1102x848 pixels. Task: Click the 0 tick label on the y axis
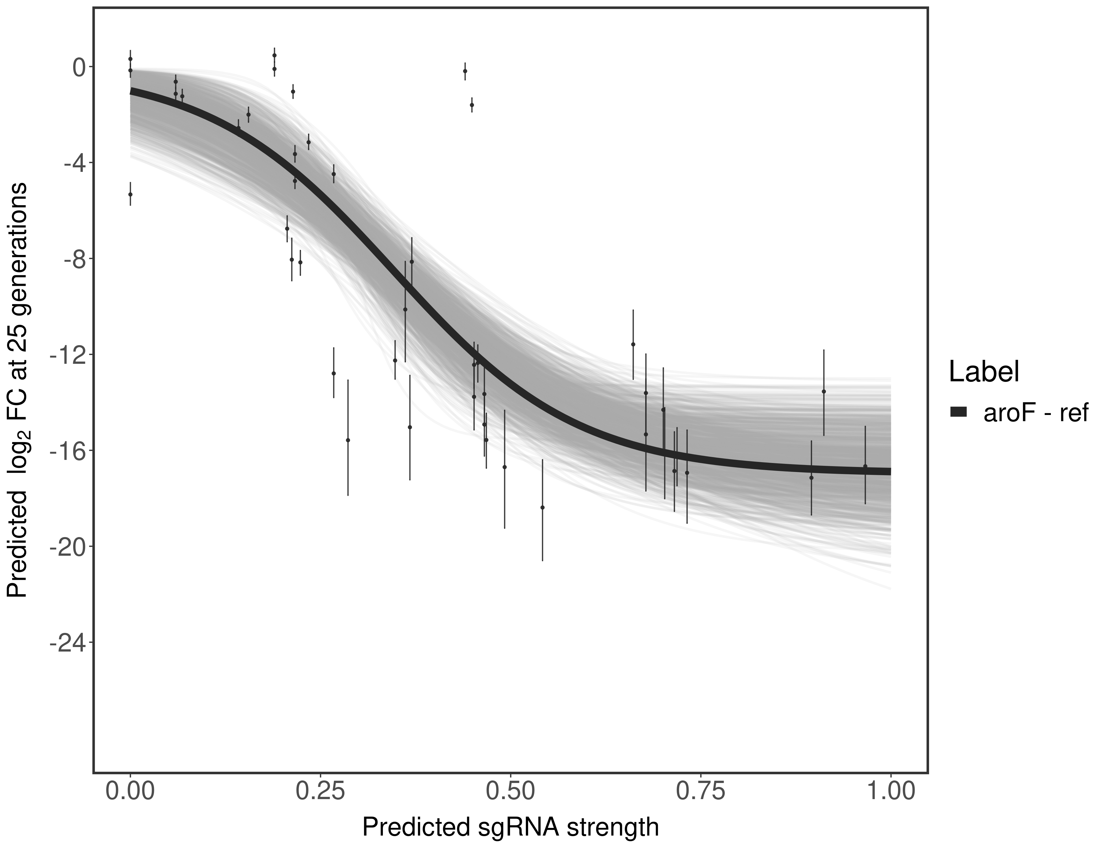(x=79, y=67)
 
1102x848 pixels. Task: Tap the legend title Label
(x=984, y=372)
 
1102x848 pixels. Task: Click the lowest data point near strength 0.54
(x=543, y=507)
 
